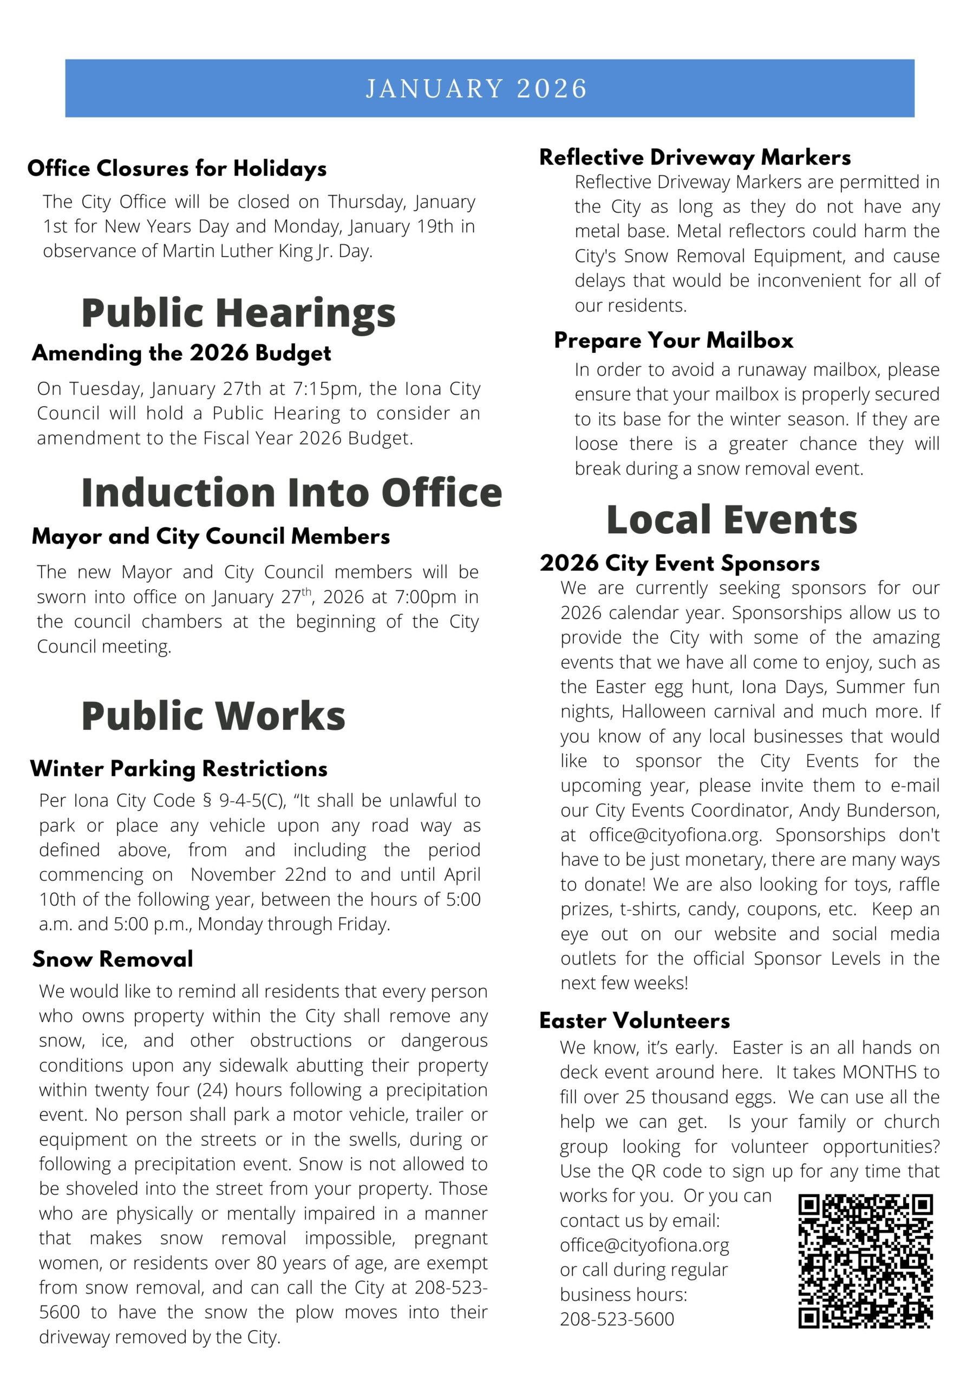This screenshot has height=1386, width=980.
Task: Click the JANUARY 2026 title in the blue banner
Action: [x=476, y=89]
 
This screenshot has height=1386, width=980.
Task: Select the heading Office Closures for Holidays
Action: [x=177, y=168]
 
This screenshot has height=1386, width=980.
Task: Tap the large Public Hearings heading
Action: [x=239, y=313]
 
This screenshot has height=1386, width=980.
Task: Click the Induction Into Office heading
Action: [x=292, y=492]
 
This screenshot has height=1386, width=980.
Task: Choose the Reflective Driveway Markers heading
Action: [x=695, y=158]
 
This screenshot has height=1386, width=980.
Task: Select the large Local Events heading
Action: [x=731, y=520]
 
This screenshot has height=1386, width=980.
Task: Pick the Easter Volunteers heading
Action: [x=635, y=1021]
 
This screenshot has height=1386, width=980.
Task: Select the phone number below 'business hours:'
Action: [x=617, y=1319]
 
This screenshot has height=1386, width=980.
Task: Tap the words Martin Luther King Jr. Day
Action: [x=267, y=251]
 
